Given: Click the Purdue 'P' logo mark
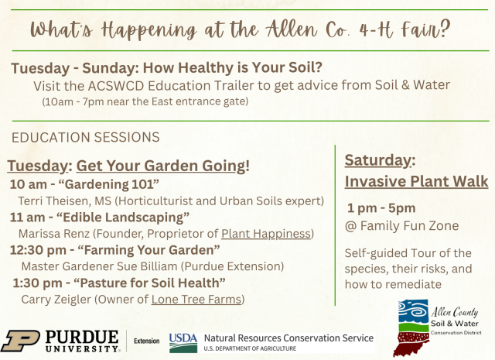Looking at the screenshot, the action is pos(20,341).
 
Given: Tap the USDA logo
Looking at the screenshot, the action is pos(183,343).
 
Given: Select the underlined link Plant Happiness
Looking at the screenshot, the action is pos(266,234).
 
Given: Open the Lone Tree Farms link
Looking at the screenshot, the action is pos(196,299).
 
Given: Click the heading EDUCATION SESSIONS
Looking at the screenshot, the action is pos(86,137).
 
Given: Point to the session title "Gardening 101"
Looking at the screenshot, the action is pos(109,184).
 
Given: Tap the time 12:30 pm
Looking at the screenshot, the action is pos(38,250).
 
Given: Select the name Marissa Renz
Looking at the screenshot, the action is pos(54,234).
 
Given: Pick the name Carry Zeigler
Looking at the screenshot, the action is pos(56,299).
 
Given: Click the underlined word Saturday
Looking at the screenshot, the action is pos(378,160).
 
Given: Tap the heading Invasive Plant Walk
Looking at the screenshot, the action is pos(416,181).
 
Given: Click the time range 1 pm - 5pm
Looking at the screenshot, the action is pos(381,208).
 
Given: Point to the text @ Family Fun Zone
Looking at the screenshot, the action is pos(401,225).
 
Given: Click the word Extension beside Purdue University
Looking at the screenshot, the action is pos(146,341).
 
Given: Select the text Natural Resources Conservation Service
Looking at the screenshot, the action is pos(288,338).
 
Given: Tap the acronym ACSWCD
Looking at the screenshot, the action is pos(116,86).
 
